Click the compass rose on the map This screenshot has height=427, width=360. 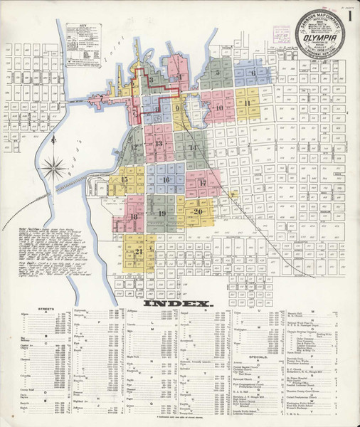51,168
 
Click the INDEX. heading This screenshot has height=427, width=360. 179,303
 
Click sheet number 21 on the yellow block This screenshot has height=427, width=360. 139,251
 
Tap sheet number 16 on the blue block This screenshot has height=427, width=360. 166,180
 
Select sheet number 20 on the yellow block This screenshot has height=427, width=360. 198,211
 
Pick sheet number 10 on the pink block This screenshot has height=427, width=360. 218,108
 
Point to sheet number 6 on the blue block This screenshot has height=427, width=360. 253,73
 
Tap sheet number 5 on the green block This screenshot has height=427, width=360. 218,72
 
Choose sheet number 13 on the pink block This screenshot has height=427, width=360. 159,143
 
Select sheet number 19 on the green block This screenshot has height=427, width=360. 162,213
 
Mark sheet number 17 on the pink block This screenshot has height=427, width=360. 202,183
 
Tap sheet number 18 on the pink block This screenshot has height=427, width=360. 133,216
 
